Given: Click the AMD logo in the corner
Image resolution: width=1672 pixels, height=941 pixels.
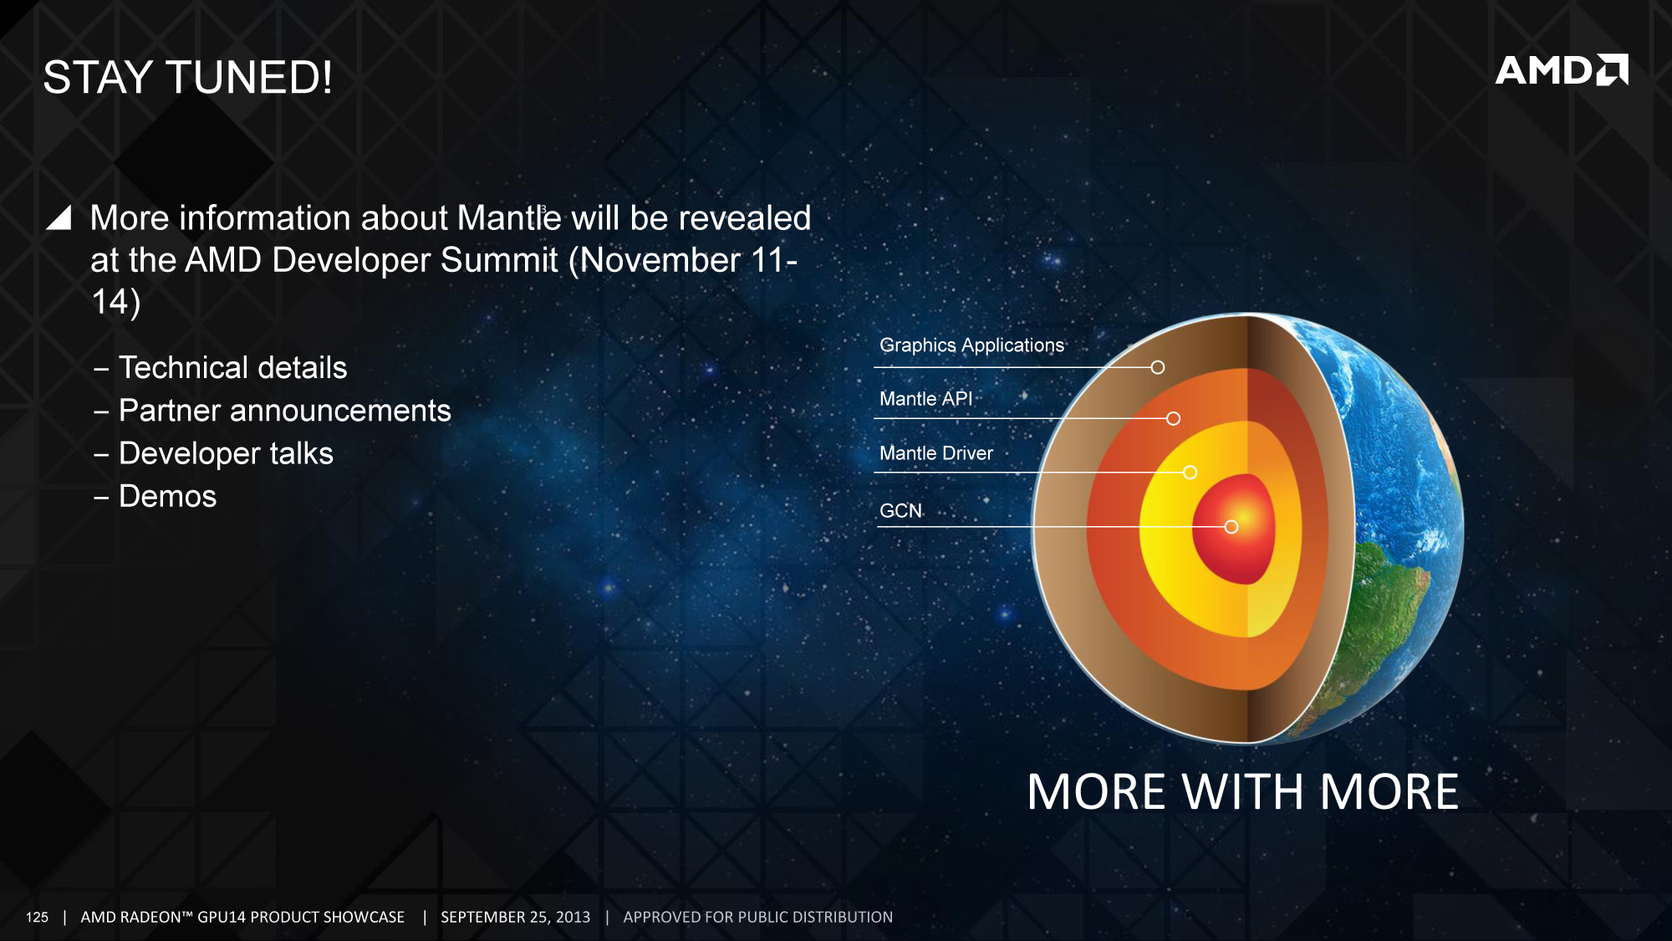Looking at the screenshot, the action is (1562, 70).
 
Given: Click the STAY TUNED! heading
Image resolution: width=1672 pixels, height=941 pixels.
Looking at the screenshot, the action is (188, 78).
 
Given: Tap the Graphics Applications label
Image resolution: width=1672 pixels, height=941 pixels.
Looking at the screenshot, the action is (971, 345).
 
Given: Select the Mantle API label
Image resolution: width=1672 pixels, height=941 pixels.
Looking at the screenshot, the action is (925, 399).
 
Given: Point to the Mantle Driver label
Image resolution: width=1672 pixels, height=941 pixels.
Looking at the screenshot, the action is (936, 453).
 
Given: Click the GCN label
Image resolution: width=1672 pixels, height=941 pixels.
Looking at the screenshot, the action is (900, 510).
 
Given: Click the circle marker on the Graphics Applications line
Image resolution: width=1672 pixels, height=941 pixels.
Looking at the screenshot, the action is (1157, 367).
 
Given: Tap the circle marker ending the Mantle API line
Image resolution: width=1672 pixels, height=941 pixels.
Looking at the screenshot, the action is (1173, 418).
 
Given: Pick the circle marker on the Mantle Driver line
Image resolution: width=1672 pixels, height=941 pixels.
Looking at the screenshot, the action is (1190, 473).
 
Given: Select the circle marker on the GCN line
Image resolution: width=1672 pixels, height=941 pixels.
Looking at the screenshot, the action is (1231, 527).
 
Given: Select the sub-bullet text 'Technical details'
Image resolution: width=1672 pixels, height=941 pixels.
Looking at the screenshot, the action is (232, 368).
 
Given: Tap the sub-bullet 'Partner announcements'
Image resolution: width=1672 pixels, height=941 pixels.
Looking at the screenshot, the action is (285, 411).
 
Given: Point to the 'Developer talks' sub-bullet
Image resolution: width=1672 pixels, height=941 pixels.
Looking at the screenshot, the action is (226, 453).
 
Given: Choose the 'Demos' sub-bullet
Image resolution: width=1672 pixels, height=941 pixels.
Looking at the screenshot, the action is (167, 497).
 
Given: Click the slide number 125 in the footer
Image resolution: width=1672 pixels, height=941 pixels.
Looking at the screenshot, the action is (37, 918).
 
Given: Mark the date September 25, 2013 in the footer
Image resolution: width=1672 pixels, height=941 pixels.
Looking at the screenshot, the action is (515, 918).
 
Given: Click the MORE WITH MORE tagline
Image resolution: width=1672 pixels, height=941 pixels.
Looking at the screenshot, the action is (1243, 792).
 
